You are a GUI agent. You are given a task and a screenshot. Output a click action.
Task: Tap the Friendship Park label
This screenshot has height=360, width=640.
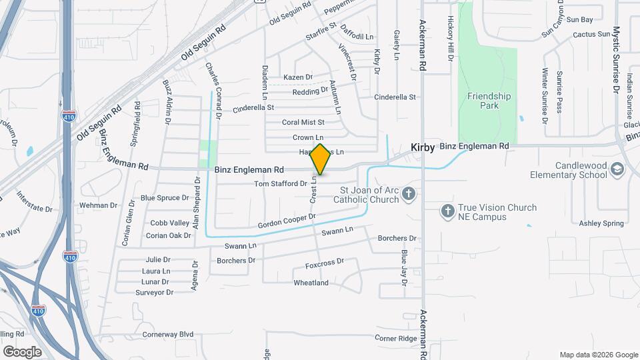[x=489, y=101]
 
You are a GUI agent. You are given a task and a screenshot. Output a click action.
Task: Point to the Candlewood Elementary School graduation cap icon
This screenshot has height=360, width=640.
[x=617, y=169]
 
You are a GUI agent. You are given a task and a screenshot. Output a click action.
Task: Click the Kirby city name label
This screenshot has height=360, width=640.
[x=423, y=146]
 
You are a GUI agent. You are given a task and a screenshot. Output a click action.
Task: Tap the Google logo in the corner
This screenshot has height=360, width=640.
[x=22, y=351]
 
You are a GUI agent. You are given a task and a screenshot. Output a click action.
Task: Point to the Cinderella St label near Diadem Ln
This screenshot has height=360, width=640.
[x=253, y=107]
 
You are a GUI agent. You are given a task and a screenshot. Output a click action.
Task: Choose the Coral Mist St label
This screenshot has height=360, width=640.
[x=303, y=123]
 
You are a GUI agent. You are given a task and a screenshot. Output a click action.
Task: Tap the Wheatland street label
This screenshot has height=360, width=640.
[x=311, y=283]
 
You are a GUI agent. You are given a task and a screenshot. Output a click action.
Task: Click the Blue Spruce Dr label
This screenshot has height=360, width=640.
[x=165, y=198]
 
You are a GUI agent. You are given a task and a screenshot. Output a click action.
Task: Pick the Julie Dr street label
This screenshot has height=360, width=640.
[x=157, y=260]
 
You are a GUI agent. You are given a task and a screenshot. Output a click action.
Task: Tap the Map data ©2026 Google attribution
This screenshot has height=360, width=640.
[x=599, y=355]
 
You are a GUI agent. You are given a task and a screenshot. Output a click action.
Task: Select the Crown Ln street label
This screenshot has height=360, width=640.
[x=308, y=137]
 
